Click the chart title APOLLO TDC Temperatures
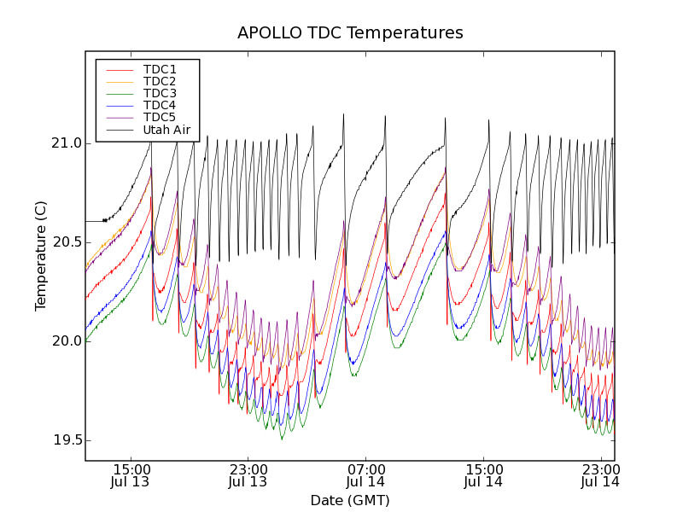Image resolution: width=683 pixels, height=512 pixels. pos(350,33)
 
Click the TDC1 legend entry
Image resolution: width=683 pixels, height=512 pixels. pos(160,69)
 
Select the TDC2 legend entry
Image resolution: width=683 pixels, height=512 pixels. pos(160,81)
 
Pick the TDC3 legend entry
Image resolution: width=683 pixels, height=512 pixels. pos(160,93)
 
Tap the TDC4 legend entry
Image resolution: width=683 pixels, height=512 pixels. pos(160,105)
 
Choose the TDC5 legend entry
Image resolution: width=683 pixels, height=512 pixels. pos(160,117)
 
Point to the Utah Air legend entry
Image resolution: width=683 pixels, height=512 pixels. pos(166,131)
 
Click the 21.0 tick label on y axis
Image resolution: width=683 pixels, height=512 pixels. pos(66,143)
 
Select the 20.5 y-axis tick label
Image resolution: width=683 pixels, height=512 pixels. pos(66,242)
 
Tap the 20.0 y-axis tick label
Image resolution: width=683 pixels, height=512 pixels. pos(66,341)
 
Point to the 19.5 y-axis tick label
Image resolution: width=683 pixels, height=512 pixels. pos(66,440)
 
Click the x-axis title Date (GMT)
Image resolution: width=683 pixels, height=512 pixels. pos(350,500)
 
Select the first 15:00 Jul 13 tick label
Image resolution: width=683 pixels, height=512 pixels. pos(131,475)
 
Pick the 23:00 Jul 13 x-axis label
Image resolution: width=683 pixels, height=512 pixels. pos(248,475)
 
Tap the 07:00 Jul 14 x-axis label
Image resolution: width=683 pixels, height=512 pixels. pos(366,475)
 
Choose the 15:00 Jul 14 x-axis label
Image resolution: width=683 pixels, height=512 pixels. pos(484,475)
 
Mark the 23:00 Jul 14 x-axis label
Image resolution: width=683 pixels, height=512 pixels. pos(601,475)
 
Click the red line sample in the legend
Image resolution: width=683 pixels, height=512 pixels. pos(120,69)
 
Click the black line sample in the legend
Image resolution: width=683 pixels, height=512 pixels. pos(120,131)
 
